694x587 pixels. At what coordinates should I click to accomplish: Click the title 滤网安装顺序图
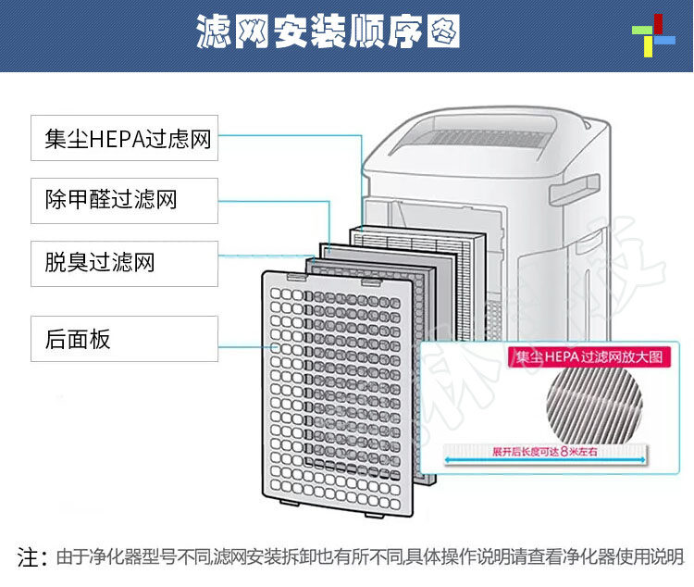tap(328, 34)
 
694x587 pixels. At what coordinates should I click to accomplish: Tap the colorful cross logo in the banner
tap(653, 36)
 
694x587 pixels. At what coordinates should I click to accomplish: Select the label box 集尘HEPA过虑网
tap(125, 140)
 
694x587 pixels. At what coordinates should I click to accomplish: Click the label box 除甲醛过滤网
tap(125, 201)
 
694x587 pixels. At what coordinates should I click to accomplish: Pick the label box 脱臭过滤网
tap(125, 263)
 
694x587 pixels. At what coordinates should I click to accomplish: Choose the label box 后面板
tap(125, 339)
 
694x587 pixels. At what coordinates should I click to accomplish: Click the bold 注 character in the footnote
tap(28, 557)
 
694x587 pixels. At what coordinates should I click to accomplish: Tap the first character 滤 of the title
tap(215, 34)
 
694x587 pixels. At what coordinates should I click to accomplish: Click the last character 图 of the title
tap(442, 34)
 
